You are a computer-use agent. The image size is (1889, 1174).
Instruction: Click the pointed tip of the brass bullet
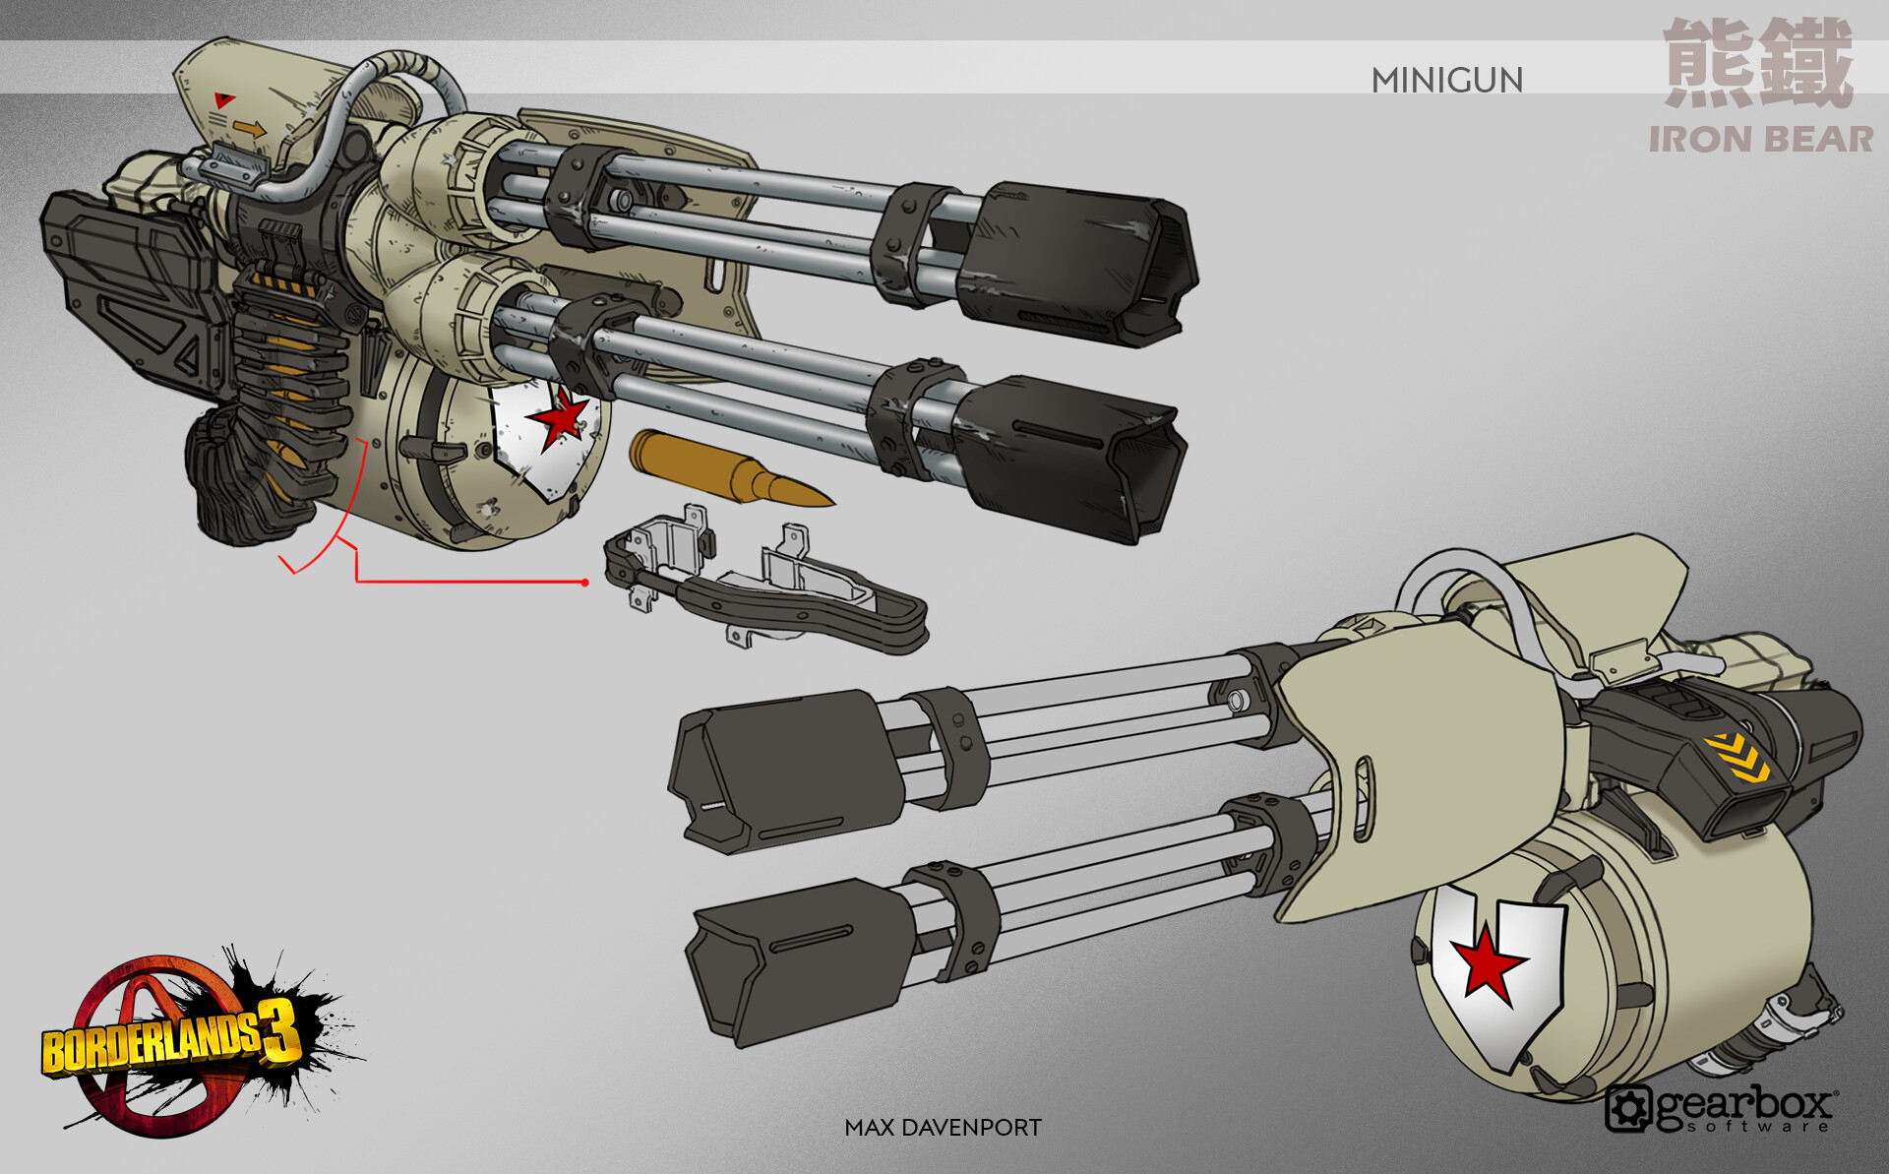pos(834,505)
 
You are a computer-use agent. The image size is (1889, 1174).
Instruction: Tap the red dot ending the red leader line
pos(585,583)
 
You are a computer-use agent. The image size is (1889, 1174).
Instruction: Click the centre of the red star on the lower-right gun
pos(1490,959)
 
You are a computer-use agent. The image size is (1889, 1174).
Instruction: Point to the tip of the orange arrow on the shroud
pos(265,129)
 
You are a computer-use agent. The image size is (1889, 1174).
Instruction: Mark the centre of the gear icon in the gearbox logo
pos(1628,1109)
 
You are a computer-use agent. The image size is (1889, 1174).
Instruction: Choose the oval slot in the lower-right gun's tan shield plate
pos(1365,798)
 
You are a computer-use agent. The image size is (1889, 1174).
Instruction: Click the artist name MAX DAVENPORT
pos(943,1128)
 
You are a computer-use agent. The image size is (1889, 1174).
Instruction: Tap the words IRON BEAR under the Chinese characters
pos(1761,140)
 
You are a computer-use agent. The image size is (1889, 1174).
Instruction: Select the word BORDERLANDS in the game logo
pos(151,1046)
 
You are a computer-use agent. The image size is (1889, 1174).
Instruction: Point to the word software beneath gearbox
pos(1756,1126)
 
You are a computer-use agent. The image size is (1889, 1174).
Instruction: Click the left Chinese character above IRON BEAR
pos(1708,63)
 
